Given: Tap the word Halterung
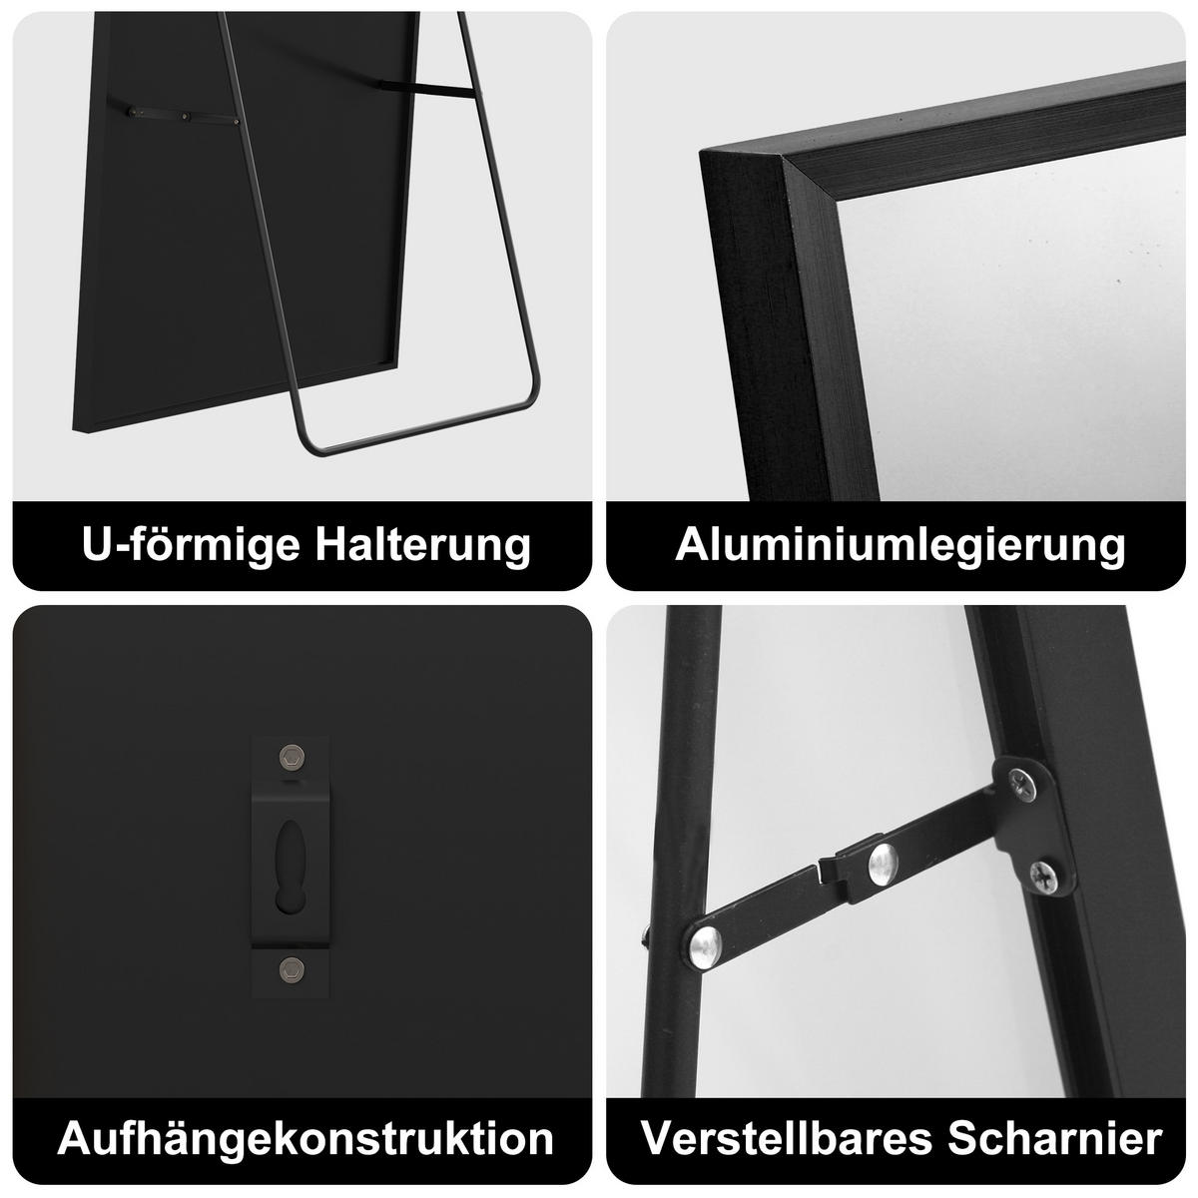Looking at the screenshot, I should pos(419,545).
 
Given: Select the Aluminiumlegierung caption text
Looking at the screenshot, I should pos(899,545).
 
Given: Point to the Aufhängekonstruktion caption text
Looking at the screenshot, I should pos(305,1138).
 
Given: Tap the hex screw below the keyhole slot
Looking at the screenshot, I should pos(291,966).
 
